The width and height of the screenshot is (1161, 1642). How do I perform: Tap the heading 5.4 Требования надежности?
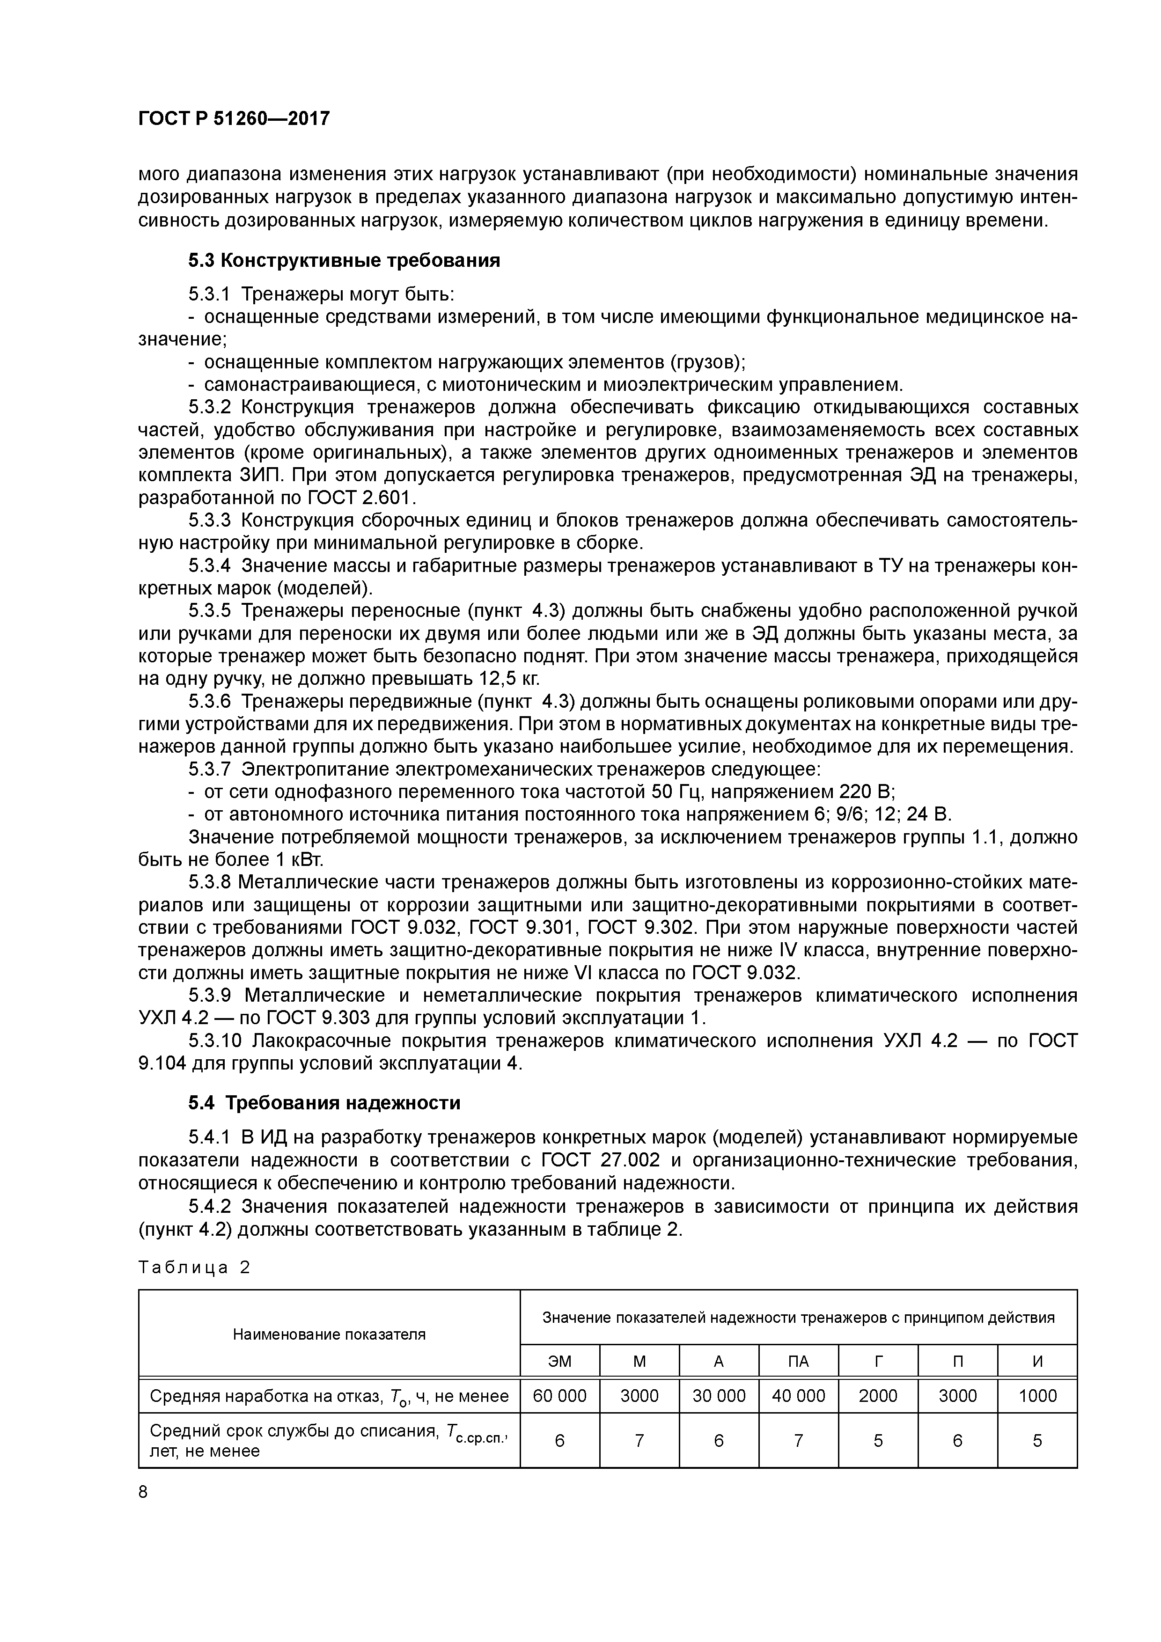(324, 1103)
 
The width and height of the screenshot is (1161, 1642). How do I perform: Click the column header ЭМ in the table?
(559, 1362)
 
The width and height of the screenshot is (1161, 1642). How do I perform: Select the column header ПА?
(798, 1362)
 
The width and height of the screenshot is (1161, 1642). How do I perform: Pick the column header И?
(1037, 1362)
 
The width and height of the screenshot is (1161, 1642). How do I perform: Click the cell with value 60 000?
(559, 1395)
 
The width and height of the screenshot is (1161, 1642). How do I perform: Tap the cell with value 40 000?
(798, 1395)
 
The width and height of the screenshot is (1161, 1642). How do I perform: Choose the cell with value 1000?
(1037, 1395)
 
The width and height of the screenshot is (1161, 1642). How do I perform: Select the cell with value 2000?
(878, 1395)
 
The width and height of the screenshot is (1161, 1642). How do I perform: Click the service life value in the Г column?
(878, 1440)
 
